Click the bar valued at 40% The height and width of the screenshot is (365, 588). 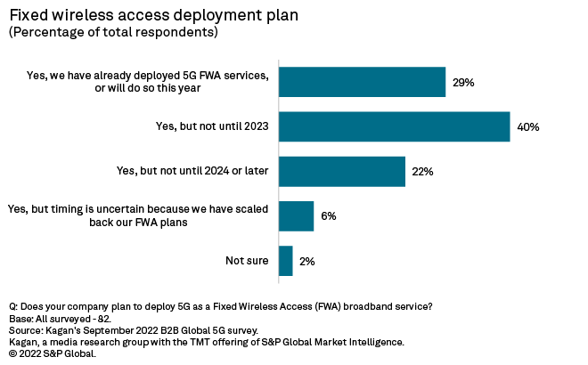coord(394,126)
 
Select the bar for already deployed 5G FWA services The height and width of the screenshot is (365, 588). coord(362,82)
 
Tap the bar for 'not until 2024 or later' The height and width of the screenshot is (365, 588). coord(342,171)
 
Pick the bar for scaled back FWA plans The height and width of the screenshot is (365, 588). coord(296,215)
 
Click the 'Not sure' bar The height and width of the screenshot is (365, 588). coord(286,261)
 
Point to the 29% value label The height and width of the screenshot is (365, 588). coord(463,83)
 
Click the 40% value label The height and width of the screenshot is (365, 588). coord(527,127)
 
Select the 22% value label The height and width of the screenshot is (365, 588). coord(422,172)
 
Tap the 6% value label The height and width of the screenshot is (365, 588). coord(329,216)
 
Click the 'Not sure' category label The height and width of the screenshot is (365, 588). coord(247,261)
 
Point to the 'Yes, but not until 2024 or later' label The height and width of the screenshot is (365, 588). coord(193,171)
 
